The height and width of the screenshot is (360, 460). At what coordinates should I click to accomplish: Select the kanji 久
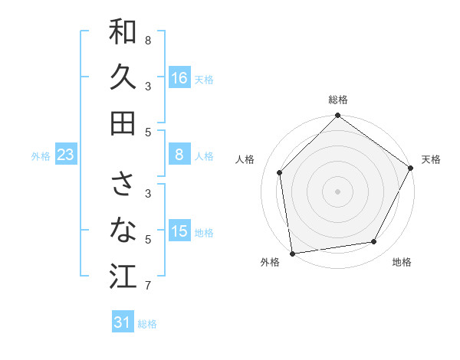pos(123,77)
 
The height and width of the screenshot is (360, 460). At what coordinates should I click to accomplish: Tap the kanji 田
pos(123,123)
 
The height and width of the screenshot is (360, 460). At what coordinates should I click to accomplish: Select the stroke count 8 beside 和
pos(148,40)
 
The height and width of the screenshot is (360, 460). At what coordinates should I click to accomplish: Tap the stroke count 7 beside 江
pos(148,286)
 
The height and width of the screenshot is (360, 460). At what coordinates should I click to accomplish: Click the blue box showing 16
pos(179,78)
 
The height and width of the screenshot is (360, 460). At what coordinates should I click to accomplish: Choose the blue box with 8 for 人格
pos(179,155)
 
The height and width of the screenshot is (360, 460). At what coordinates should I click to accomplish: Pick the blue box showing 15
pos(179,231)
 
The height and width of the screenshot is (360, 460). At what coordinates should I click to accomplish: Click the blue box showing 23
pos(66,155)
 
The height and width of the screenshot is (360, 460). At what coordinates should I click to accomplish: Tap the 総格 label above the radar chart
pos(338,100)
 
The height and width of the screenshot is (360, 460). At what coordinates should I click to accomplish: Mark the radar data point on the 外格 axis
pos(292,253)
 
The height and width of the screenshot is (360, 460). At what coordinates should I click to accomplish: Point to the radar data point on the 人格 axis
pos(280,172)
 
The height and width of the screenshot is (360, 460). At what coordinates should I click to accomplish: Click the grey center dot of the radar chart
pos(338,191)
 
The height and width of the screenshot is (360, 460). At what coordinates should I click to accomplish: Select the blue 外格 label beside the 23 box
pos(41,156)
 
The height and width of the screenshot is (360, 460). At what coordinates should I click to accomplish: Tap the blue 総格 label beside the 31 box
pos(147,324)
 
